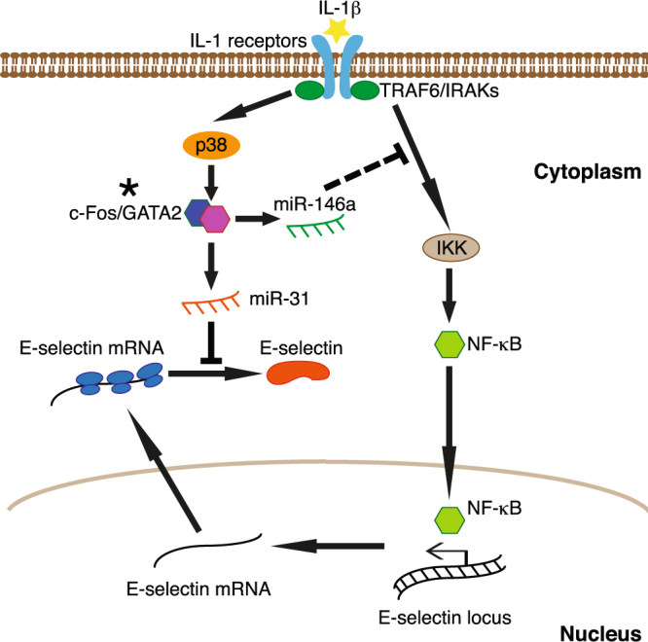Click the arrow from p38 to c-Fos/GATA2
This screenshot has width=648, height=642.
click(x=208, y=179)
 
